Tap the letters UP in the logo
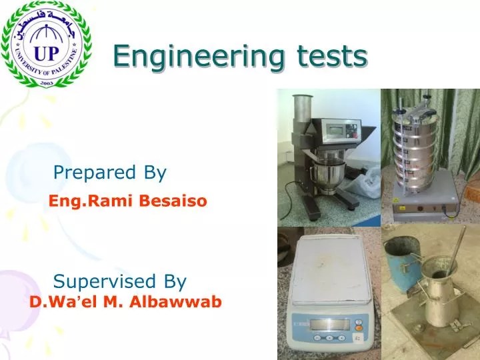pos(47,53)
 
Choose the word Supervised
pos(103,280)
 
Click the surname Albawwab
pos(176,303)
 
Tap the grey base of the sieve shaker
pos(424,209)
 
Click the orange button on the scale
pos(358,328)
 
